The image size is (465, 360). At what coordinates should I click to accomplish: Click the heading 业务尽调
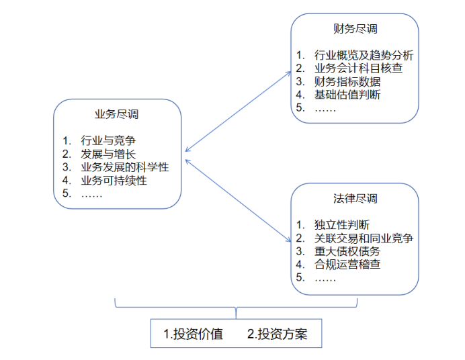pos(117,114)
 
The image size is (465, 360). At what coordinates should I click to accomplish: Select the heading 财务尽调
pos(355,29)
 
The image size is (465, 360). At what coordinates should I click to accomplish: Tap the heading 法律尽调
pos(355,199)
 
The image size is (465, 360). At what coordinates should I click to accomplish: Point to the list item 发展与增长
pos(108,154)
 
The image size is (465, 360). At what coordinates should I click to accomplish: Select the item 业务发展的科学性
pos(124,167)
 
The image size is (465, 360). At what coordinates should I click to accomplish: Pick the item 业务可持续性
pos(114,181)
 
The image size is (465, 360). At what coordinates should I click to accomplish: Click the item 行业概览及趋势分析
pos(364,54)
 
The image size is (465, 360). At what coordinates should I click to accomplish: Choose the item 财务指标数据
pos(347,81)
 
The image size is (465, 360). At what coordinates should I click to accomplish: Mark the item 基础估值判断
pos(347,95)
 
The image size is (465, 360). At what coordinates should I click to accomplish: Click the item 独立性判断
pos(342,224)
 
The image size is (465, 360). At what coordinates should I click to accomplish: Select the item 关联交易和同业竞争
pos(364,238)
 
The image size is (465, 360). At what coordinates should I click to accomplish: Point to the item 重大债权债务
pos(347,251)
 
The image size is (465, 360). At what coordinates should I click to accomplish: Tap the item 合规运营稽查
pos(347,265)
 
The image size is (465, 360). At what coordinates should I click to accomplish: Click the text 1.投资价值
pos(194,334)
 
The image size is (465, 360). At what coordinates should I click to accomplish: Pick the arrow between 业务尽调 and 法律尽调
pos(236,197)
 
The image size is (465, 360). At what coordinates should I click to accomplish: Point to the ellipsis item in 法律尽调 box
pos(325,277)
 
